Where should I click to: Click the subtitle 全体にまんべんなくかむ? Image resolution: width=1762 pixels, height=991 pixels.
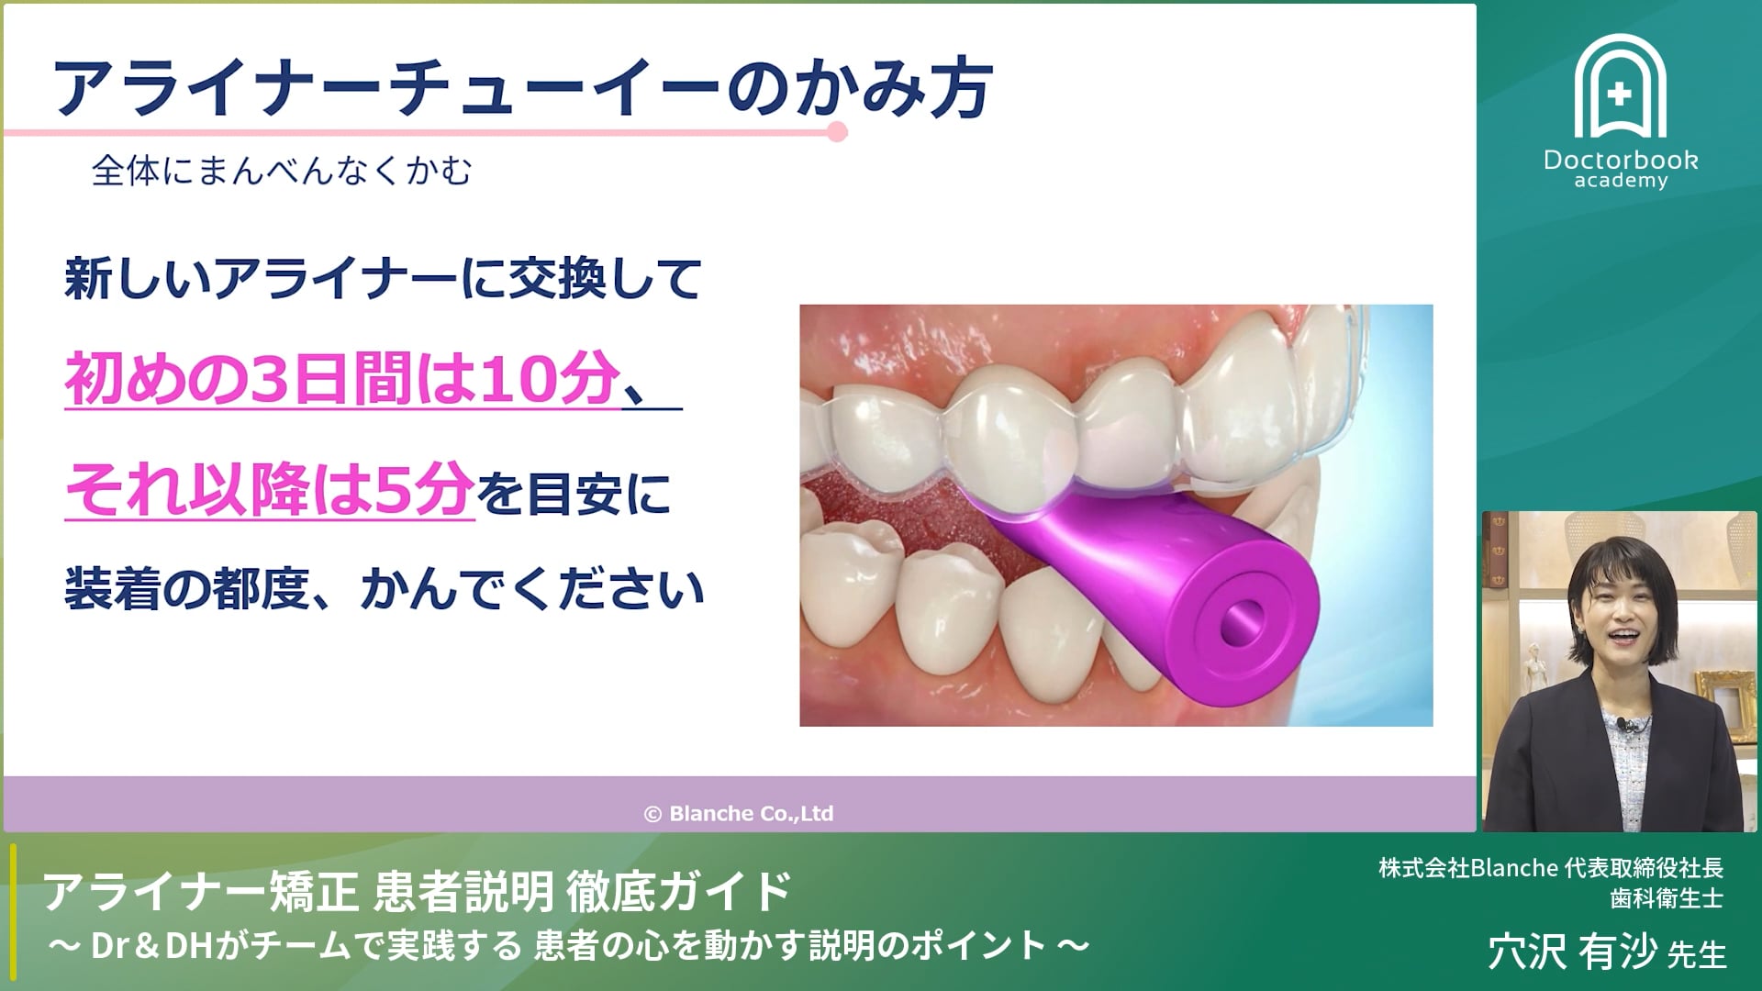(x=282, y=171)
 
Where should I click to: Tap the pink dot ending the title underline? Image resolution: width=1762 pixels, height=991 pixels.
(x=837, y=132)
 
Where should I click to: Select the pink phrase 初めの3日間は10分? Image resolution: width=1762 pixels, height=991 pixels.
(x=341, y=379)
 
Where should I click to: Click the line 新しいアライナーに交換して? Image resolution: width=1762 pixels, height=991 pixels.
(x=383, y=278)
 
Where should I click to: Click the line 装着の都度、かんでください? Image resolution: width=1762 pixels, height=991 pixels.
(x=384, y=588)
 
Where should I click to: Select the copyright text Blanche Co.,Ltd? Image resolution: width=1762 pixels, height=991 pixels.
(x=740, y=813)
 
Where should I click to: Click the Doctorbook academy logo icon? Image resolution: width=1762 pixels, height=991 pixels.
(x=1620, y=87)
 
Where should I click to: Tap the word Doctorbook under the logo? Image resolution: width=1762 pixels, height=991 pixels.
(x=1621, y=160)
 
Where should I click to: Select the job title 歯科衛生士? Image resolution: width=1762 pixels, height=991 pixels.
(x=1667, y=897)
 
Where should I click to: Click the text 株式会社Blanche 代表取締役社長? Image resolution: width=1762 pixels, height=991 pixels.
(x=1550, y=867)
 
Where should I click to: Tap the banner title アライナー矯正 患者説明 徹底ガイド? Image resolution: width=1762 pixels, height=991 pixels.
(x=418, y=891)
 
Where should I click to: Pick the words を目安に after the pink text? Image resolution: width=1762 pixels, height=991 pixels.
(x=574, y=494)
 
